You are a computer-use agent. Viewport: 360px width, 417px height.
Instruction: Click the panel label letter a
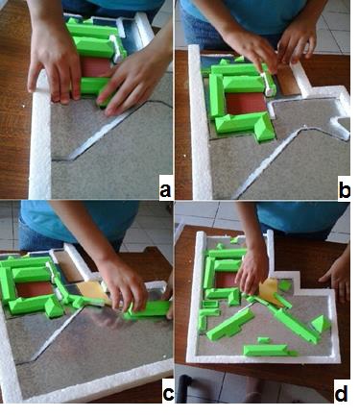pos(165,190)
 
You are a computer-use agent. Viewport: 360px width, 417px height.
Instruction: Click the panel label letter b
pos(344,191)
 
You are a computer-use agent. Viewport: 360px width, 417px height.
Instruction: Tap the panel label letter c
pos(168,394)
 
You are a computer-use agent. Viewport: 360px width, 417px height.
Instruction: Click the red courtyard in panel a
pos(95,67)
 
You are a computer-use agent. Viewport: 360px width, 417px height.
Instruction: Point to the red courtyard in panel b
pos(246,103)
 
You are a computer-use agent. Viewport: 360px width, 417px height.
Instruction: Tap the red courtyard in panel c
pos(35,289)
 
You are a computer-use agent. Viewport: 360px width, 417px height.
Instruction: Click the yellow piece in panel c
pos(93,291)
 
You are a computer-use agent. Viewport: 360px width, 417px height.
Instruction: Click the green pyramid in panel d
pos(321,324)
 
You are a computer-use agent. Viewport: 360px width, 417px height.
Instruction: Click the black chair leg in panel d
pos(184,388)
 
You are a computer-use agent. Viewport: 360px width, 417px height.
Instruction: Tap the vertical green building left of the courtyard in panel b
pos(216,95)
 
